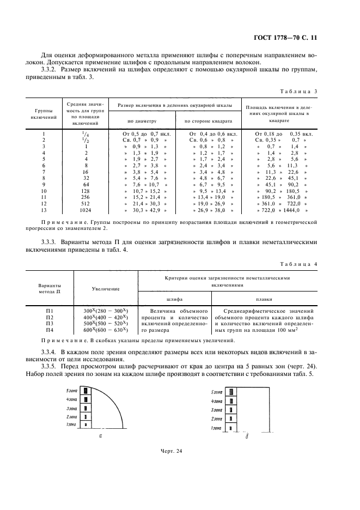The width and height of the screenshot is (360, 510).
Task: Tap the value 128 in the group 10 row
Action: coord(84,191)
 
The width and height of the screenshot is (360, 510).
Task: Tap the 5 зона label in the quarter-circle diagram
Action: coord(71,391)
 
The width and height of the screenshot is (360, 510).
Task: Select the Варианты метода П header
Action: coord(50,289)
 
